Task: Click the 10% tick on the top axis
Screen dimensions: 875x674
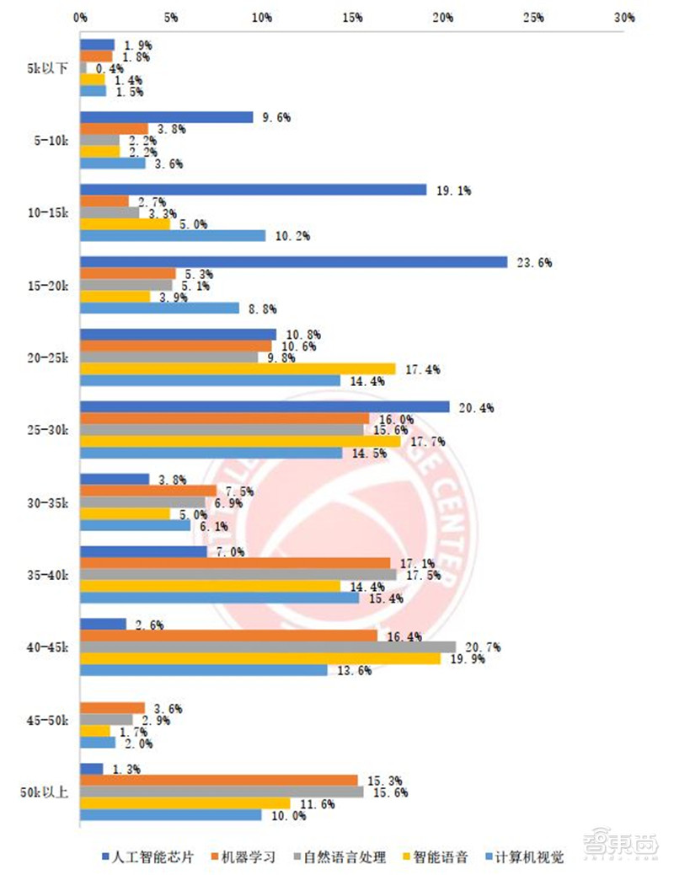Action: point(262,17)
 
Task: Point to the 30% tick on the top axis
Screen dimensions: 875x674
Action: point(623,17)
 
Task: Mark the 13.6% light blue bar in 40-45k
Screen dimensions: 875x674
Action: point(203,670)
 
